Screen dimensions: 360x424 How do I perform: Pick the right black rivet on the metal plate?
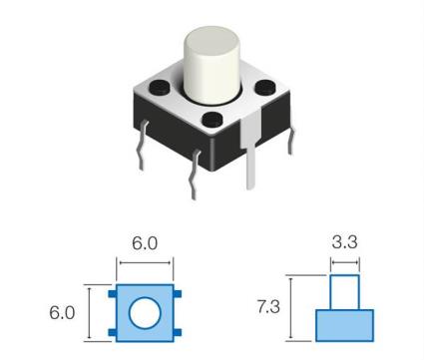pos(263,89)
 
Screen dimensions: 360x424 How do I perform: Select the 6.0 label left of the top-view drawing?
pos(63,311)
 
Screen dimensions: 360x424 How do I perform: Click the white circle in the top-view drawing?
pos(146,312)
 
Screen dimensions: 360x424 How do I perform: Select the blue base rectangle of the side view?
pos(344,325)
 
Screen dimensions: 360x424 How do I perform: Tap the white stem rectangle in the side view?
pos(344,292)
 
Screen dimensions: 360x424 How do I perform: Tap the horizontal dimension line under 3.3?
pos(344,263)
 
